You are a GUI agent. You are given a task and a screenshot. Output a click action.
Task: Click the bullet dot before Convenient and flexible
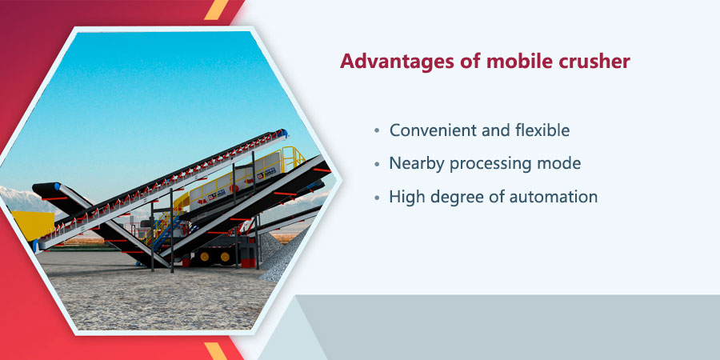(x=377, y=131)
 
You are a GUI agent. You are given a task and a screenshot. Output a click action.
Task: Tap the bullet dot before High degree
(x=377, y=198)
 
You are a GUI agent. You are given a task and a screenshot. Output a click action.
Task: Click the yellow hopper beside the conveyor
(x=31, y=226)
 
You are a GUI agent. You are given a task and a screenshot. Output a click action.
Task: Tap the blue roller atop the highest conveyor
(x=284, y=134)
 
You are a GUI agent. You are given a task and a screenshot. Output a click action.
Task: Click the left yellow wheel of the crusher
(x=204, y=256)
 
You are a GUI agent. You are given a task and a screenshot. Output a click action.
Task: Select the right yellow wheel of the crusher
(x=225, y=256)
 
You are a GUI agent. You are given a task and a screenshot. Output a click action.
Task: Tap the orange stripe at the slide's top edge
(x=216, y=10)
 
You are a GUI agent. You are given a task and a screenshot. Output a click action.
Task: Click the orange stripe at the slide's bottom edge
(x=216, y=351)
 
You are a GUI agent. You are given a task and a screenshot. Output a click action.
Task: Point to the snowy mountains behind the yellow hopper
(x=24, y=199)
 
